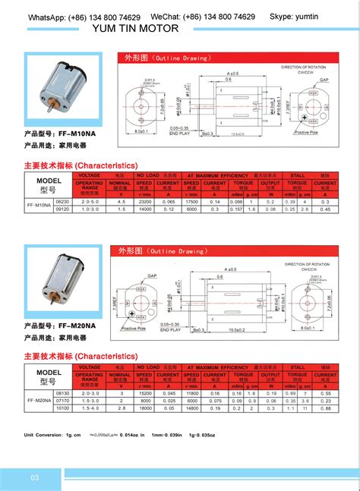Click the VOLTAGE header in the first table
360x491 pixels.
click(x=89, y=175)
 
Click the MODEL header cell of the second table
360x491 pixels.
click(x=48, y=373)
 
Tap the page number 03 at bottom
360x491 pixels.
click(x=35, y=477)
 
